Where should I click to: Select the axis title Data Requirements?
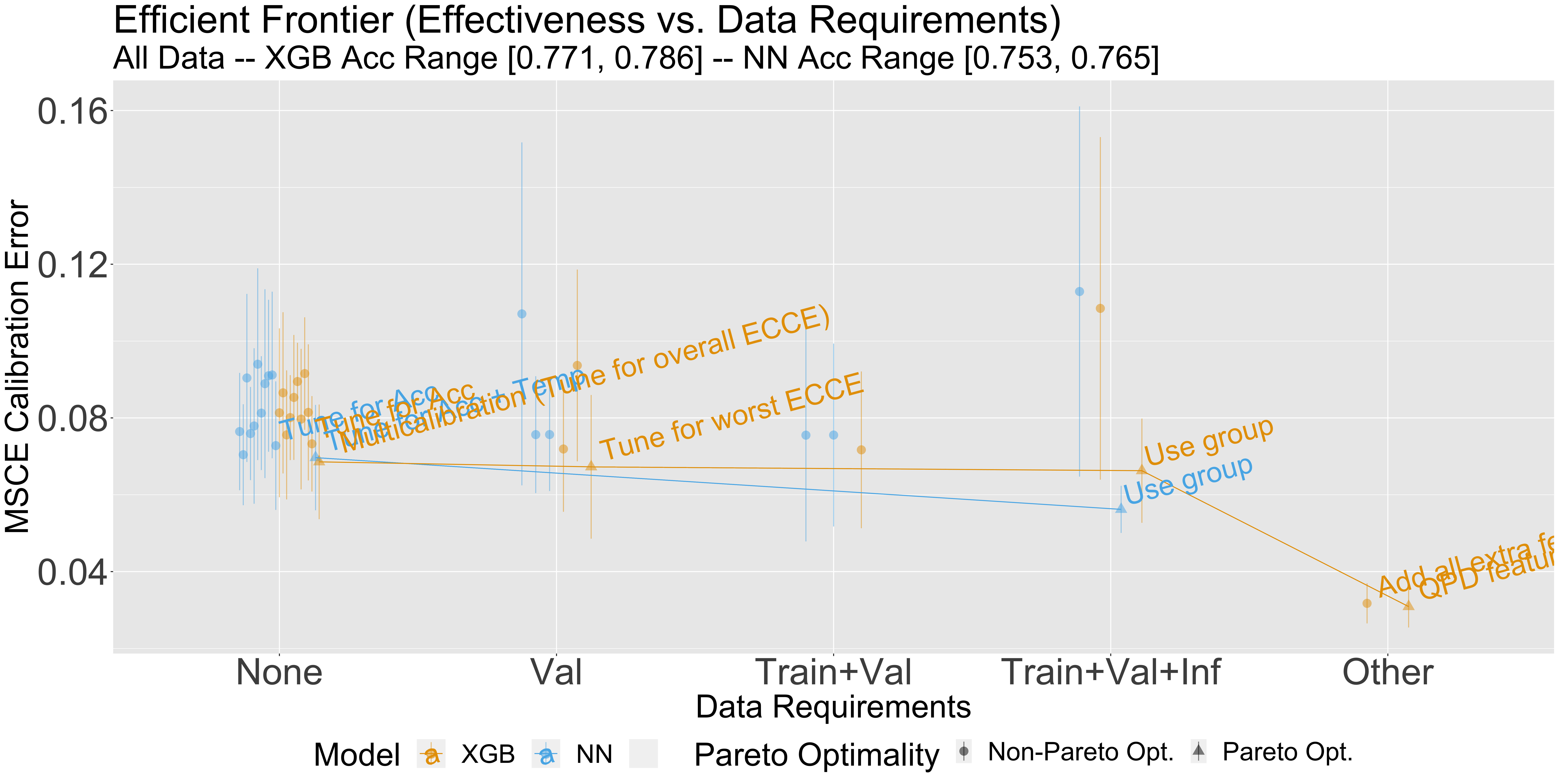833,706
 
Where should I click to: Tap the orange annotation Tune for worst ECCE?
731,417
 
